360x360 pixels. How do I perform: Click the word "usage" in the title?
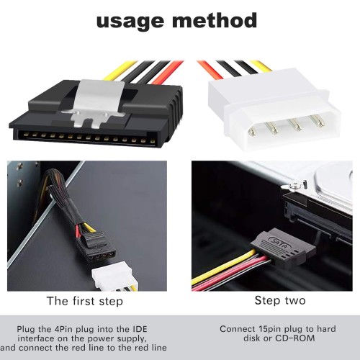tap(130, 22)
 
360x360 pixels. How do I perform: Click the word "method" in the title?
tap(215, 20)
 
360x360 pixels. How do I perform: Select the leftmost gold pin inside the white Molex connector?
tap(253, 132)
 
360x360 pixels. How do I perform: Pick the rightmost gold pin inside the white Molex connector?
tap(318, 120)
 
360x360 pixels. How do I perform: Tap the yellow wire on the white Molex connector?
tap(261, 66)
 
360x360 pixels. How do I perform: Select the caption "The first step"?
tap(85, 301)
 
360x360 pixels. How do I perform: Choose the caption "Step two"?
tap(280, 300)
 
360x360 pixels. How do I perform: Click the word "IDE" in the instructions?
tap(140, 329)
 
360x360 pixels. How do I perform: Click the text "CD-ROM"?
tap(294, 338)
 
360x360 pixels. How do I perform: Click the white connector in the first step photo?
tap(114, 279)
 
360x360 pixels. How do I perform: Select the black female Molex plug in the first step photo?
tap(96, 248)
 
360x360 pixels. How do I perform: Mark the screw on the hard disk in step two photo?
tap(292, 185)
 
